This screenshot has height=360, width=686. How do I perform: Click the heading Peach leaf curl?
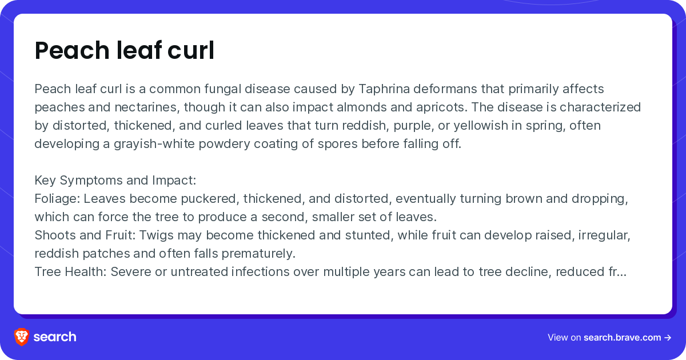[125, 50]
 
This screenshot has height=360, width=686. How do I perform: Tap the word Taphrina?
[384, 89]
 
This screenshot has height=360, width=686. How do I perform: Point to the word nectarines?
[147, 107]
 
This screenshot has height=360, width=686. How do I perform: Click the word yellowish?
[481, 126]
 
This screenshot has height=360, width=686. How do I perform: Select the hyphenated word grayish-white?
[154, 144]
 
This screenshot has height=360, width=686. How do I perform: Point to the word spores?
[337, 145]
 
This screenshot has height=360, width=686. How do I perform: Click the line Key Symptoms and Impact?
[115, 181]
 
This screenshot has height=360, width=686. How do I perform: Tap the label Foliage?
[57, 199]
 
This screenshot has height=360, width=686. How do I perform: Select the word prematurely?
[258, 254]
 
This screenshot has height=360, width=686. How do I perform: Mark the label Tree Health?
[70, 272]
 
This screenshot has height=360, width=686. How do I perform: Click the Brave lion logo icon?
[22, 337]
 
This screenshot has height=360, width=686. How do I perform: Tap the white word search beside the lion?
[55, 337]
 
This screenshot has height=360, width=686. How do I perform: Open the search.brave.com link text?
[623, 337]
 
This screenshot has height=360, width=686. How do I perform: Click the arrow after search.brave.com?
[668, 338]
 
